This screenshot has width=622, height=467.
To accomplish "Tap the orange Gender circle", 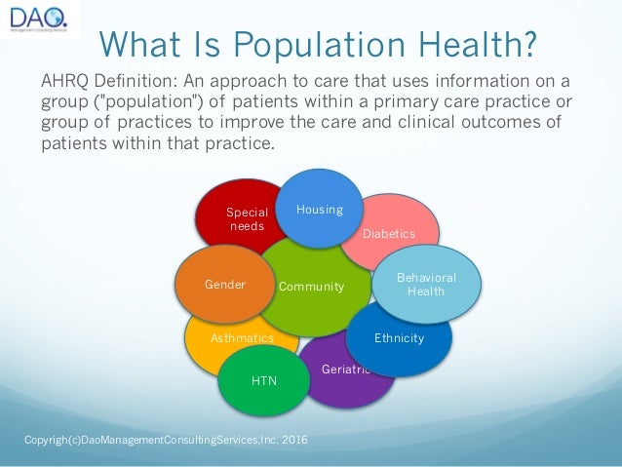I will click(x=223, y=286).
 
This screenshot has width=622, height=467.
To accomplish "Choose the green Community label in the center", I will click(x=311, y=287).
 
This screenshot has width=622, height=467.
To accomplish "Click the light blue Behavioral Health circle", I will click(x=425, y=284).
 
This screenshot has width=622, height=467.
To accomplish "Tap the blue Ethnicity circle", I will click(x=399, y=338).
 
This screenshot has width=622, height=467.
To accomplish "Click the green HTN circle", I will click(x=264, y=380).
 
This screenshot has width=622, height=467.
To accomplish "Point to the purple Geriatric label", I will click(x=345, y=370).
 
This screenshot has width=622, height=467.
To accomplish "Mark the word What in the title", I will click(x=136, y=43).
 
